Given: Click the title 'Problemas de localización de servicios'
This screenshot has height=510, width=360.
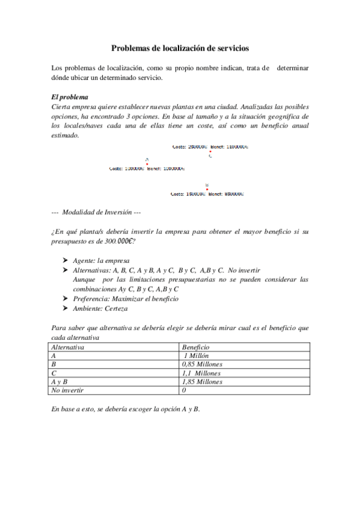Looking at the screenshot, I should tap(180, 48).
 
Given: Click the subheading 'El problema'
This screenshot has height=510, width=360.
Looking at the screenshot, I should tap(70, 97).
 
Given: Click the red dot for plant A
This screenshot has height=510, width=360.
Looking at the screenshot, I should tap(147, 164).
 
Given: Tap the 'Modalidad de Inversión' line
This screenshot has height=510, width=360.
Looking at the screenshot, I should tap(96, 211).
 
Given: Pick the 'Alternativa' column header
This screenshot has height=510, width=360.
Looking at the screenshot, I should tap(68, 347).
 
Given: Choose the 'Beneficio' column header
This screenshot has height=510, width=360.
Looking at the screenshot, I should tap(195, 347).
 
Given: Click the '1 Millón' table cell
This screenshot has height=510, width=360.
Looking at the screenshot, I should tap(196, 355).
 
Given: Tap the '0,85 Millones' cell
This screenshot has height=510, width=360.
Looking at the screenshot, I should tap(202, 364).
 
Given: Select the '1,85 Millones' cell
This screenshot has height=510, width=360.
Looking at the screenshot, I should tap(202, 382).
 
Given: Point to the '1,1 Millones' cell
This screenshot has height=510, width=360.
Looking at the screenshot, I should tap(201, 373).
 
